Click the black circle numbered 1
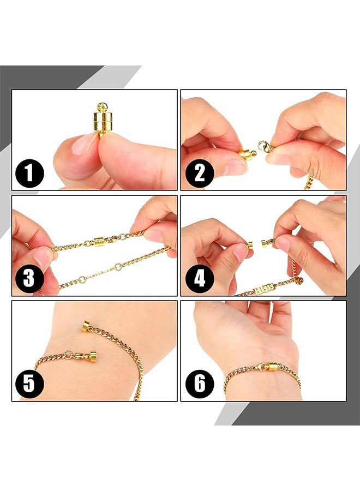click(x=30, y=173)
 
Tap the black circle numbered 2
click(x=200, y=173)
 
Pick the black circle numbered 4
click(x=200, y=279)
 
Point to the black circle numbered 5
click(x=30, y=384)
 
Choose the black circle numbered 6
click(x=200, y=384)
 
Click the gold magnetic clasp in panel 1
click(x=103, y=121)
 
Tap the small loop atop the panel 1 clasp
click(x=102, y=107)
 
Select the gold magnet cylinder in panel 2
click(x=247, y=155)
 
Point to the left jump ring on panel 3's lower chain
click(x=82, y=280)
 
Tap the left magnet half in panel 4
click(x=250, y=245)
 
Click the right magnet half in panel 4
click(x=265, y=243)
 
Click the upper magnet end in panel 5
click(x=86, y=327)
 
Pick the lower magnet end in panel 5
click(x=92, y=357)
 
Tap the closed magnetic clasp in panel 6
click(x=272, y=367)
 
